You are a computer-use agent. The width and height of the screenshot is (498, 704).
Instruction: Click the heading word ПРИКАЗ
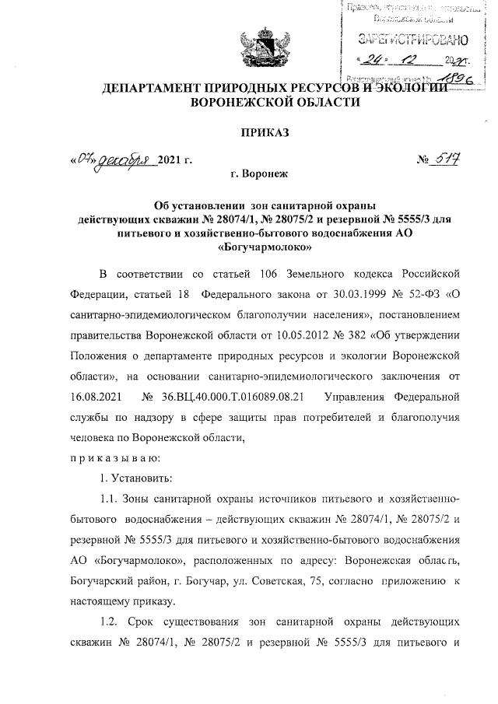[x=265, y=133]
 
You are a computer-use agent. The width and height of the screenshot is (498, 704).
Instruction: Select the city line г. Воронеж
[x=265, y=178]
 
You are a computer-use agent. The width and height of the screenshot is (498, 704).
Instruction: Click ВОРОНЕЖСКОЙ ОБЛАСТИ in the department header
[x=265, y=101]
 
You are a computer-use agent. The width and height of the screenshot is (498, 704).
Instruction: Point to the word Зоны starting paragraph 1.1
[x=148, y=497]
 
